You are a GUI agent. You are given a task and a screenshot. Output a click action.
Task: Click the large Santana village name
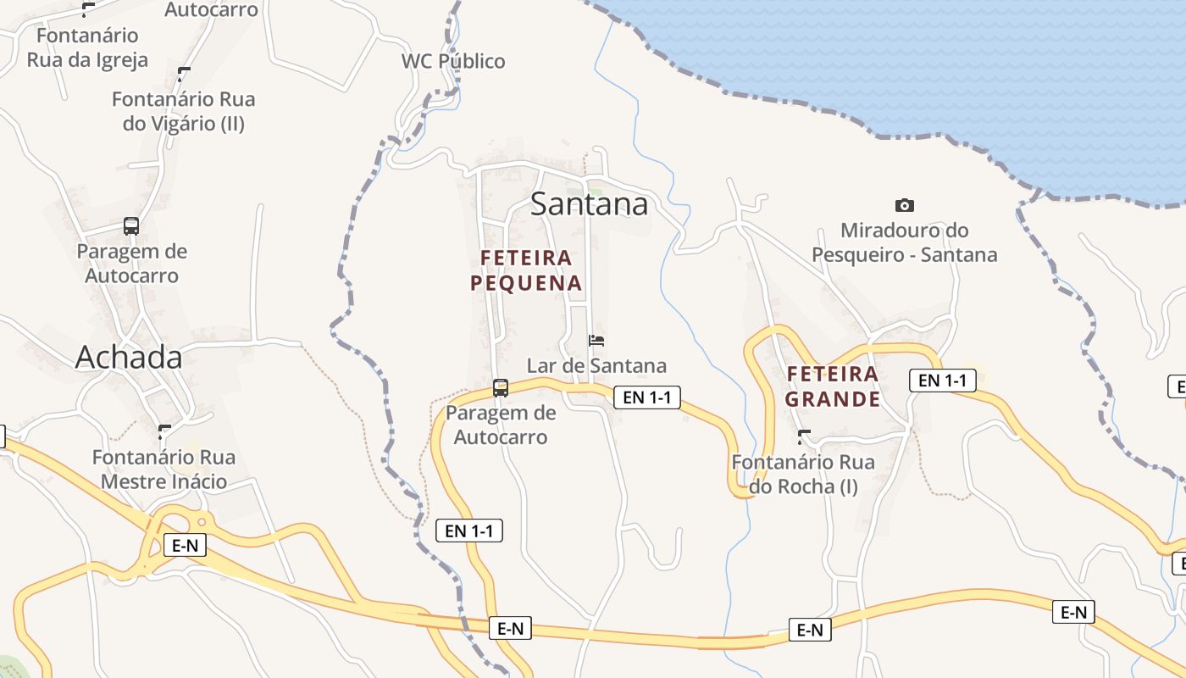589,204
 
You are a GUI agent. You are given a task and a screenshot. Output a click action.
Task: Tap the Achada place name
129,358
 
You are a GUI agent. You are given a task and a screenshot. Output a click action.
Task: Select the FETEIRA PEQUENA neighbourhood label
526,270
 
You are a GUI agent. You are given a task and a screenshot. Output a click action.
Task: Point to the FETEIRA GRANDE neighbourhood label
832,386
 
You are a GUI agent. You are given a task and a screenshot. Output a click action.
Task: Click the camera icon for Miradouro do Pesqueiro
905,205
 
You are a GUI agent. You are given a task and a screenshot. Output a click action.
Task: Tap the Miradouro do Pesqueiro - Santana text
904,242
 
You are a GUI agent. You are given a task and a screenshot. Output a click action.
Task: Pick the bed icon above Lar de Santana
596,341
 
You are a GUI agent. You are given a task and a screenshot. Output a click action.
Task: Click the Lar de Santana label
596,366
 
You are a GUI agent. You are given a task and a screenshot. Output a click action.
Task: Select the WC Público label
453,61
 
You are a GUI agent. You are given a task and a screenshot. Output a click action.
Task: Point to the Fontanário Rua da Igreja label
87,47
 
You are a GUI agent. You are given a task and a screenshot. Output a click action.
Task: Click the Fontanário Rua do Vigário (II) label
183,111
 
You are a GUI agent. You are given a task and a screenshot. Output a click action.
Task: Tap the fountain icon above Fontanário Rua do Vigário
184,74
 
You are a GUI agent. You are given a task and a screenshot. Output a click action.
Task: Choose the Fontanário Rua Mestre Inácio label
163,470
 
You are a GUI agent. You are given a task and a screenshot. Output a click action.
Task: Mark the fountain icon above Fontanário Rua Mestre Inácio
164,432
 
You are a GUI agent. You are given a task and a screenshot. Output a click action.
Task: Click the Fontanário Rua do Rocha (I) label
802,475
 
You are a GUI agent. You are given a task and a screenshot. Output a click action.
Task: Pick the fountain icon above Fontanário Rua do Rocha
804,437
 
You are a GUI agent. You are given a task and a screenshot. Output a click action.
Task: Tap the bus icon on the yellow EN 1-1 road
501,388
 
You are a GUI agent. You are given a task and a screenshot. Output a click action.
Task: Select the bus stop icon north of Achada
131,226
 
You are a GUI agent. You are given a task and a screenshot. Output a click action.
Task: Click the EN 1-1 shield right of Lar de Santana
647,397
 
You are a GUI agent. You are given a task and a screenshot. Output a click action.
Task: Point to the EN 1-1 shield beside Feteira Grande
942,381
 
